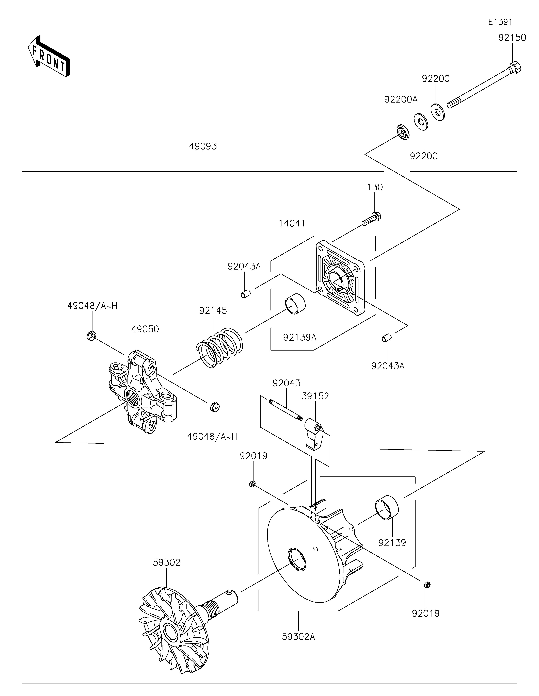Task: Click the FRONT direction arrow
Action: coord(49,56)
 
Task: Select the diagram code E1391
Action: coord(500,22)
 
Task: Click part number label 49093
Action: coord(203,146)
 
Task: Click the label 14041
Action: coord(292,223)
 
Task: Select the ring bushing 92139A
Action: coord(295,303)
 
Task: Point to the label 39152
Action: coord(315,396)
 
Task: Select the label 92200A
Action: coord(401,100)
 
